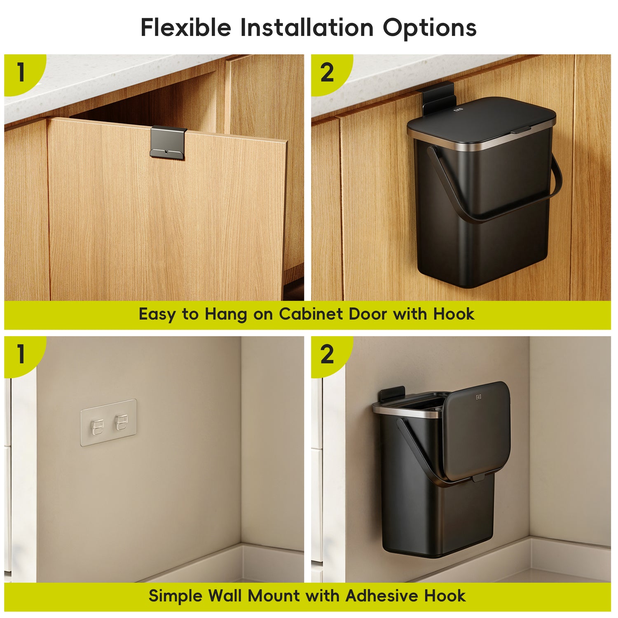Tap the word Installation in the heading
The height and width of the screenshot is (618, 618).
point(307,28)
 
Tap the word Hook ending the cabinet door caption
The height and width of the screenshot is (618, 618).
point(454,314)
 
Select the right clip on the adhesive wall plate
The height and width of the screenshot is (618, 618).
point(122,422)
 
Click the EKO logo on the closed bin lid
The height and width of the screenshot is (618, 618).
point(458,110)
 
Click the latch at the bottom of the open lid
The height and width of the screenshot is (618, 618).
point(479,478)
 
